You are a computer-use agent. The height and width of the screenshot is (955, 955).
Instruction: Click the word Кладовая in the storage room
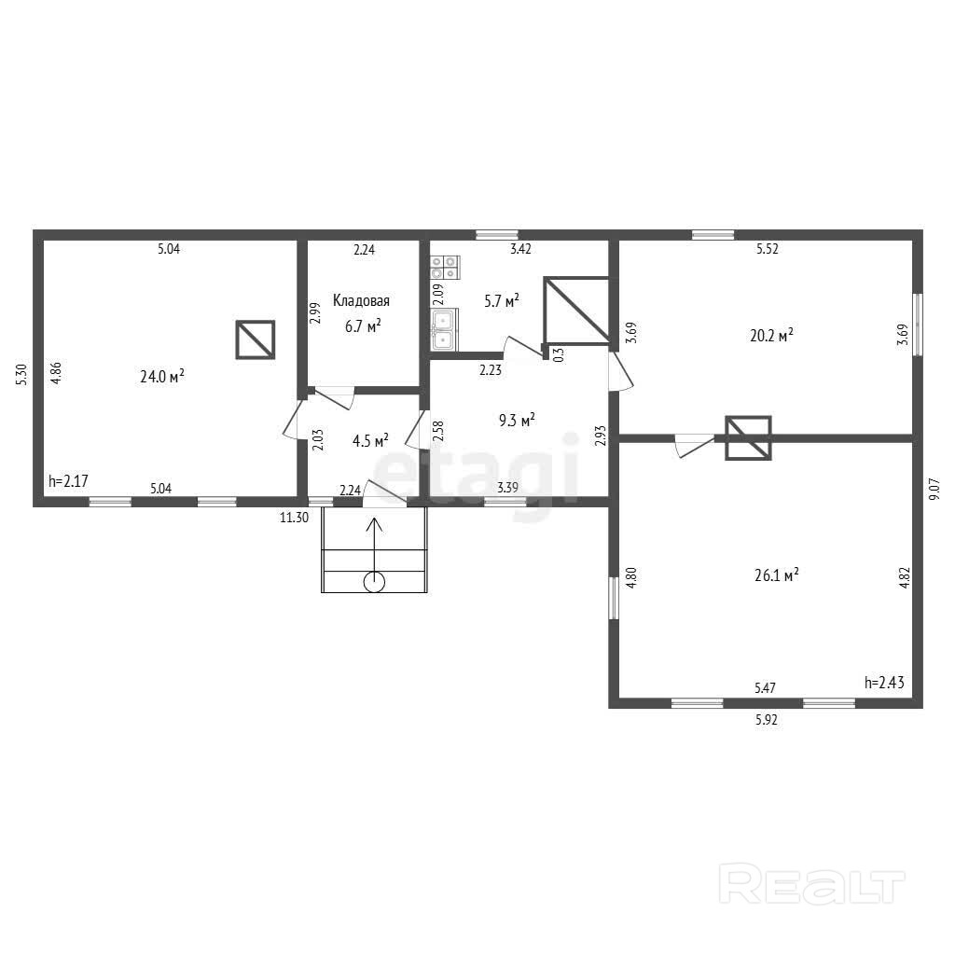click(361, 300)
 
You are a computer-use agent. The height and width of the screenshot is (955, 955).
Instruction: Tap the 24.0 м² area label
click(162, 376)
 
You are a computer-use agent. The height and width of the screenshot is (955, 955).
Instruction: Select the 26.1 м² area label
click(777, 574)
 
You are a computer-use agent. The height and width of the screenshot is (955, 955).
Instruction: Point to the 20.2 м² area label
click(771, 335)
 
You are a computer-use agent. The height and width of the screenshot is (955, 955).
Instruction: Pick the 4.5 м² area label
click(370, 440)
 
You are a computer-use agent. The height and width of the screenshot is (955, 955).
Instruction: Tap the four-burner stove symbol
click(445, 268)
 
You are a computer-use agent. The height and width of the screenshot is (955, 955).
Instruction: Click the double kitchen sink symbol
click(445, 329)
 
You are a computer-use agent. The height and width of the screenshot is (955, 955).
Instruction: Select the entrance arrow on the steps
click(374, 547)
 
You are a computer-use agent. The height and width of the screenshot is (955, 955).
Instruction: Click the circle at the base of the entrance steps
click(374, 582)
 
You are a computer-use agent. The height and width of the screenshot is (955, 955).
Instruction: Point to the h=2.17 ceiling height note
click(68, 480)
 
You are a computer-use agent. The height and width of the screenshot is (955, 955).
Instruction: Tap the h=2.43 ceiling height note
click(884, 682)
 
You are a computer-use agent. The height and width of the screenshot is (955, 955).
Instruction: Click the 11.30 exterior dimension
click(294, 518)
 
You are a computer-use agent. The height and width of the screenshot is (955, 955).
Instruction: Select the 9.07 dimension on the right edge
click(934, 489)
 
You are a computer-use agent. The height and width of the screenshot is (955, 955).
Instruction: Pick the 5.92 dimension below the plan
click(767, 719)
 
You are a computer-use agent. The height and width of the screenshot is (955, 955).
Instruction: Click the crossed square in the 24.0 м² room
click(256, 339)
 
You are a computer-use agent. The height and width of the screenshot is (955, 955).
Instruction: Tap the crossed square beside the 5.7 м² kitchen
click(576, 310)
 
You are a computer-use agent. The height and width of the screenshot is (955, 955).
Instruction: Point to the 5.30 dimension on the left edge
click(22, 374)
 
